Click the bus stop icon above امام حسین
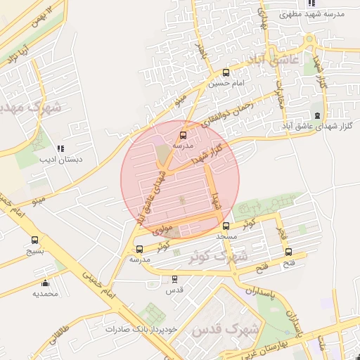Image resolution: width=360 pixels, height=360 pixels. point(226,72)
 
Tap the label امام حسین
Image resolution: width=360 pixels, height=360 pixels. point(224,83)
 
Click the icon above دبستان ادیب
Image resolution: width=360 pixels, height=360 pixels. point(60,148)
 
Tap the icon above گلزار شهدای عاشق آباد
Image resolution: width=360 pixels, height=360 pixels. point(317,115)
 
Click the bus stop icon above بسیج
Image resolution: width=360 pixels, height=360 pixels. point(35,239)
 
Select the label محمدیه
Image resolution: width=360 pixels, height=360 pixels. point(44,293)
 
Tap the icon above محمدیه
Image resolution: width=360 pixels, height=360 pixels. point(46,283)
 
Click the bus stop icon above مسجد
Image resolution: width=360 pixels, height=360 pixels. point(226,226)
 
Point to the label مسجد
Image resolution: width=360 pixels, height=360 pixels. point(227,237)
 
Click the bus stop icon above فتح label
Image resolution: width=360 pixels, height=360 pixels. point(288,252)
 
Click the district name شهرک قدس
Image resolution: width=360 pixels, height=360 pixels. point(226,329)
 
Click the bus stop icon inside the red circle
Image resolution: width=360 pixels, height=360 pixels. point(184,134)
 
